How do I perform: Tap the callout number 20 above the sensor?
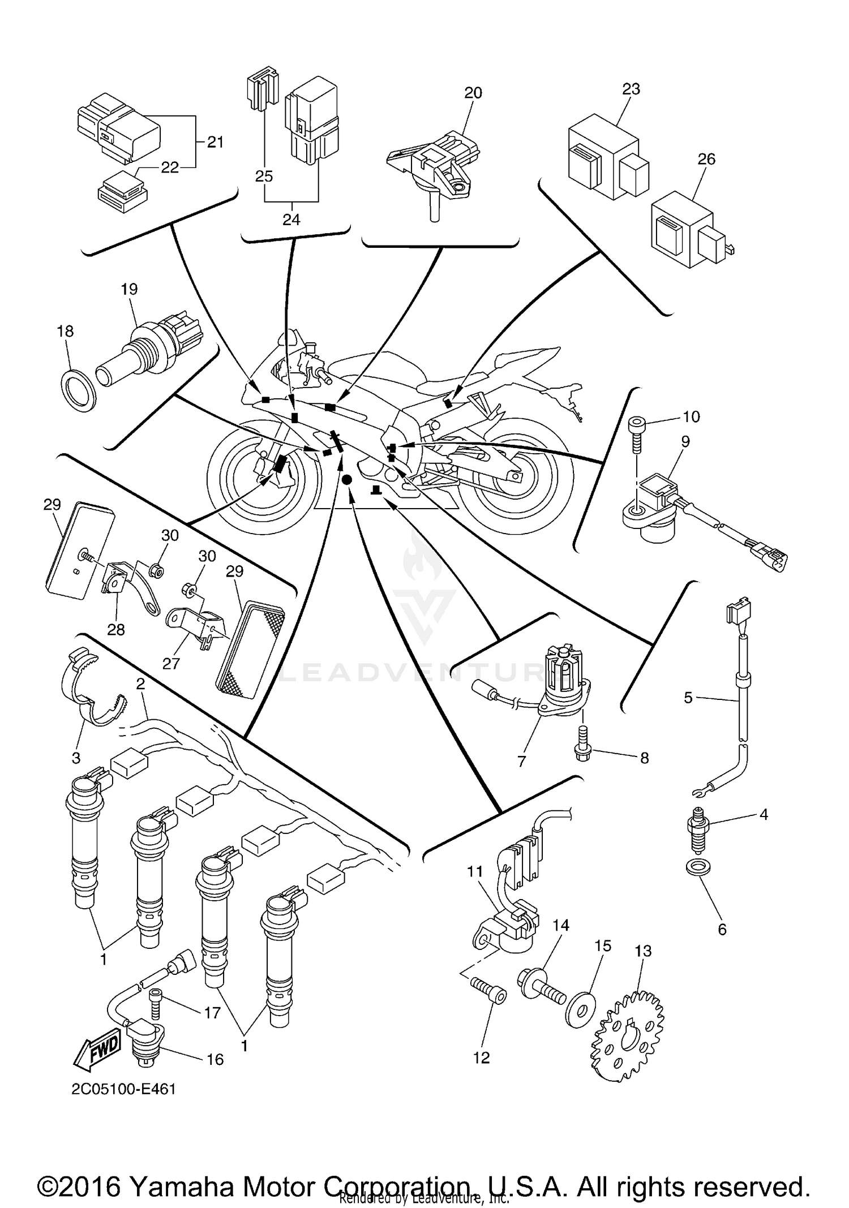click(x=473, y=93)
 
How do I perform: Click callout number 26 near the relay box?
click(x=706, y=159)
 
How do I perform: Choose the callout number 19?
click(x=129, y=289)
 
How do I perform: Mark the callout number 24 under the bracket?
click(x=291, y=220)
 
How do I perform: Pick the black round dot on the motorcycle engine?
click(x=347, y=479)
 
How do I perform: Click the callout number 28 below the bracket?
click(x=116, y=629)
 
